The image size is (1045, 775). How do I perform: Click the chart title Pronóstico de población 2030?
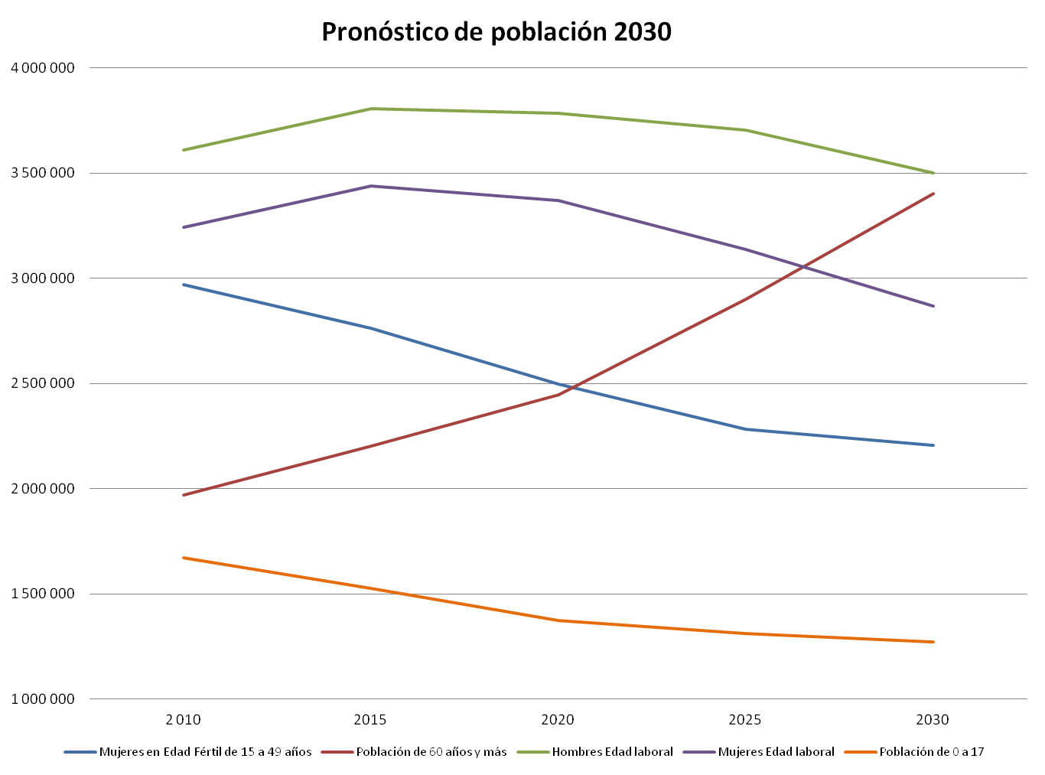tap(496, 32)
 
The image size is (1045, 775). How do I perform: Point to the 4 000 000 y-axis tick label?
tap(43, 68)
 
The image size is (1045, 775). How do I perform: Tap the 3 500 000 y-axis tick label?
tap(43, 173)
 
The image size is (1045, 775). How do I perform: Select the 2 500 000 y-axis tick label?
tap(43, 383)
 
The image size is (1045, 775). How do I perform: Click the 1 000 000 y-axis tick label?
tap(43, 699)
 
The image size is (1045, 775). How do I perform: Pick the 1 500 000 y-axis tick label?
tap(43, 594)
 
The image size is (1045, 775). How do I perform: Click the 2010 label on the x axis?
tap(184, 720)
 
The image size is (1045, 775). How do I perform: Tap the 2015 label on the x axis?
tap(370, 720)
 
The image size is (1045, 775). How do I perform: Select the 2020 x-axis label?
tap(558, 720)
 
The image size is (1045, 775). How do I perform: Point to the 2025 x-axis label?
tap(745, 720)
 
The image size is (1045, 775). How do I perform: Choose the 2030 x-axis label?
tap(933, 720)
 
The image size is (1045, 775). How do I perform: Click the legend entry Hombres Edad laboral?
tap(612, 752)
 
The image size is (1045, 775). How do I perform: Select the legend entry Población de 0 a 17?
tap(931, 752)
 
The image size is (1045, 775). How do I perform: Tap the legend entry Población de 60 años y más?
tap(431, 752)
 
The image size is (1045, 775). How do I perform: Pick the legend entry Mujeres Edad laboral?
tap(776, 752)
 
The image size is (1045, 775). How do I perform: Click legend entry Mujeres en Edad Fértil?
tap(205, 752)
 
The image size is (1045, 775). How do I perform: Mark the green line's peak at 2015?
tap(370, 109)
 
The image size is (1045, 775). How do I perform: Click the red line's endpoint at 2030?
tap(933, 194)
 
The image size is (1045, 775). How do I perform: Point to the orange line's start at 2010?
tap(184, 558)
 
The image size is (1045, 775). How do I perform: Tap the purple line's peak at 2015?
tap(370, 186)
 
